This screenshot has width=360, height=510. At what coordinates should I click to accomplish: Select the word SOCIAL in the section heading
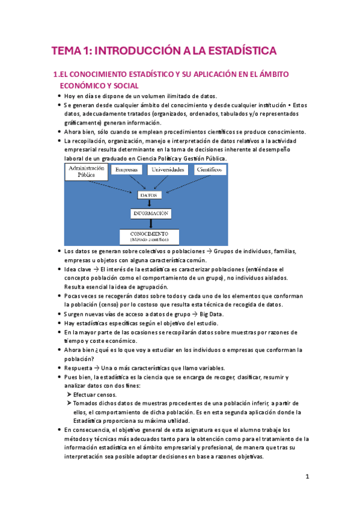tap(123, 86)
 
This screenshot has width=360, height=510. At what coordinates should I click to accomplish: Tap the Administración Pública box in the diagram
tap(87, 172)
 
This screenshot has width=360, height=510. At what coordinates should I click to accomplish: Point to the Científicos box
tap(209, 170)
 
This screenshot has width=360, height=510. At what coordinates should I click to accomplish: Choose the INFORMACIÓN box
tap(150, 213)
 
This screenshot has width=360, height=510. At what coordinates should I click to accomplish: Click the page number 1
tap(307, 477)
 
